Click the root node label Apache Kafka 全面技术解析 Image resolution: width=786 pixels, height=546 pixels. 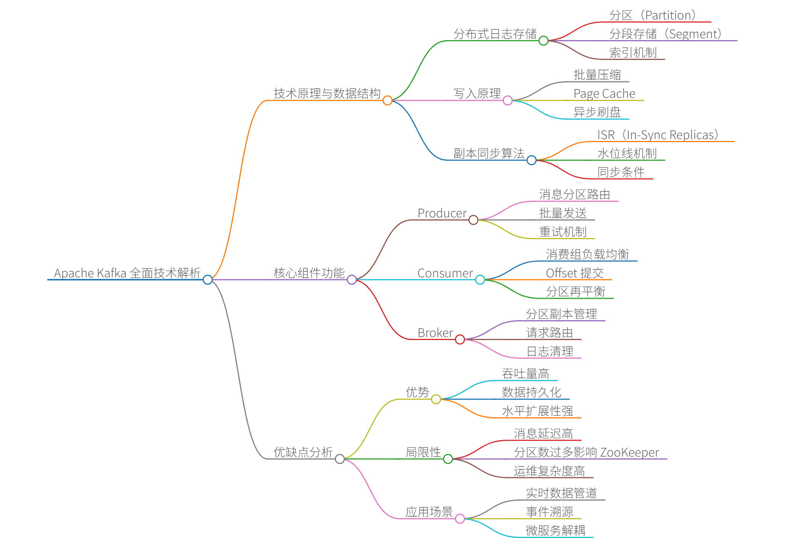click(127, 273)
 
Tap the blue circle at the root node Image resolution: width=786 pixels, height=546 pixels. click(208, 280)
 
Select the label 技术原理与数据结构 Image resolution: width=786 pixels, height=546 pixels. click(327, 93)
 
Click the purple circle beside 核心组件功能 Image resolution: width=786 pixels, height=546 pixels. click(352, 280)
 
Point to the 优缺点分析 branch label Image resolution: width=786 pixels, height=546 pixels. click(303, 452)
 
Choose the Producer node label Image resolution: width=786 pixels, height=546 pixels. click(442, 213)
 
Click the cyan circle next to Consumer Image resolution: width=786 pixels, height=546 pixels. click(480, 280)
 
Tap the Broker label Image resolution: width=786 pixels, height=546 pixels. click(435, 333)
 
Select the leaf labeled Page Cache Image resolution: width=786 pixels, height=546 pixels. click(604, 94)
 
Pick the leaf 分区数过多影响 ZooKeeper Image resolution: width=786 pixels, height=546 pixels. click(586, 452)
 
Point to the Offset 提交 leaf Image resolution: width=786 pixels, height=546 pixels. click(575, 273)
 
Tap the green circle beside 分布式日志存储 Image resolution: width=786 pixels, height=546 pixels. click(544, 41)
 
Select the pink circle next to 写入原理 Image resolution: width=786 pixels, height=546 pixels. click(508, 100)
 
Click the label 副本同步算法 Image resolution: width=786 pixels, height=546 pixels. click(489, 153)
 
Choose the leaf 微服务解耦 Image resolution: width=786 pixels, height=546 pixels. click(555, 530)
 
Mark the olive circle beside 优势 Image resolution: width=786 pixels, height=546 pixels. click(436, 399)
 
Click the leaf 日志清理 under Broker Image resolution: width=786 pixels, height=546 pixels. click(550, 352)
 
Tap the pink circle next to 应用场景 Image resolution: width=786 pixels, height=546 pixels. click(460, 518)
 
